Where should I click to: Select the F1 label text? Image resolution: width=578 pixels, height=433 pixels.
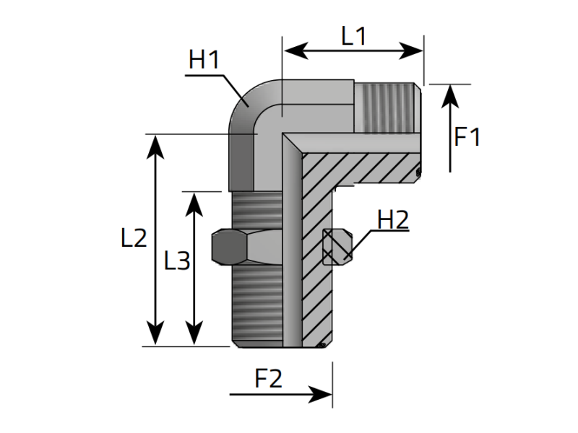click(x=467, y=136)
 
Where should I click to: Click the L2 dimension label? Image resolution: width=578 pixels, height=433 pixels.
click(x=134, y=238)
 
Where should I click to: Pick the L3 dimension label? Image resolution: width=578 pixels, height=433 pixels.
click(x=176, y=261)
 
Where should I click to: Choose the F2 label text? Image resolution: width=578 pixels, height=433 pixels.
click(x=268, y=378)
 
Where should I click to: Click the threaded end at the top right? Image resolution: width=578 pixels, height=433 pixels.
click(x=387, y=106)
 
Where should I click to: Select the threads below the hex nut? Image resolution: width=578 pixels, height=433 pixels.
click(x=256, y=303)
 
